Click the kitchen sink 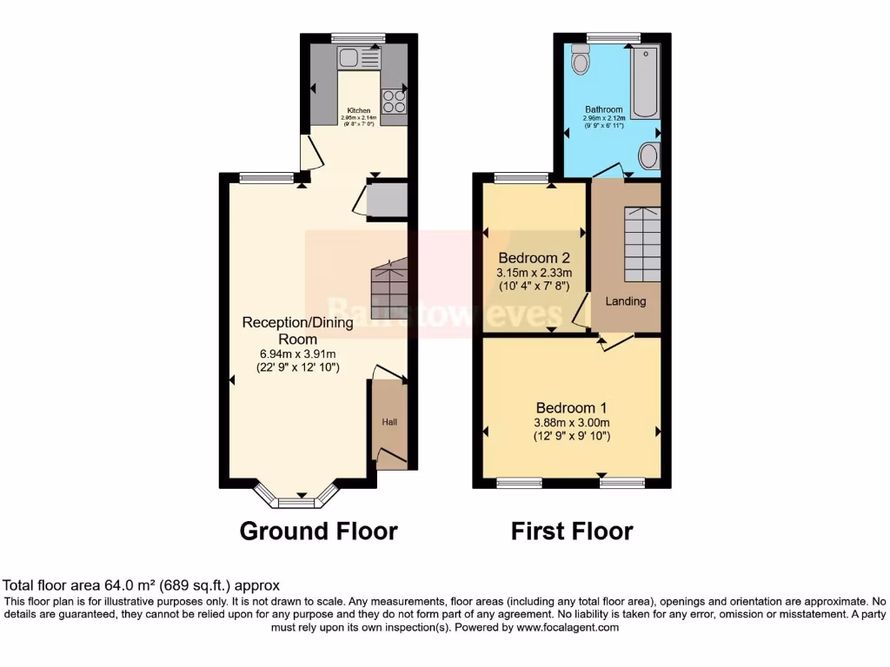[360, 58]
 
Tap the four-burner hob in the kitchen [394, 102]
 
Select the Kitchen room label [359, 111]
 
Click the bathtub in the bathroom [644, 82]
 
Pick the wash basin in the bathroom [648, 156]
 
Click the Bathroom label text [603, 109]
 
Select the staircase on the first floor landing [641, 243]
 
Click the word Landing [626, 301]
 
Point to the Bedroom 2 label [534, 258]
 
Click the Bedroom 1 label [571, 408]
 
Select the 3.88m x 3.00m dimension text [571, 423]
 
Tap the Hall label [389, 422]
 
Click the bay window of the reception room [296, 500]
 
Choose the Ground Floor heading [318, 531]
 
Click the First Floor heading [572, 531]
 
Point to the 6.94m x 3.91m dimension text [297, 353]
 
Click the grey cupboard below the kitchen [387, 201]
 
